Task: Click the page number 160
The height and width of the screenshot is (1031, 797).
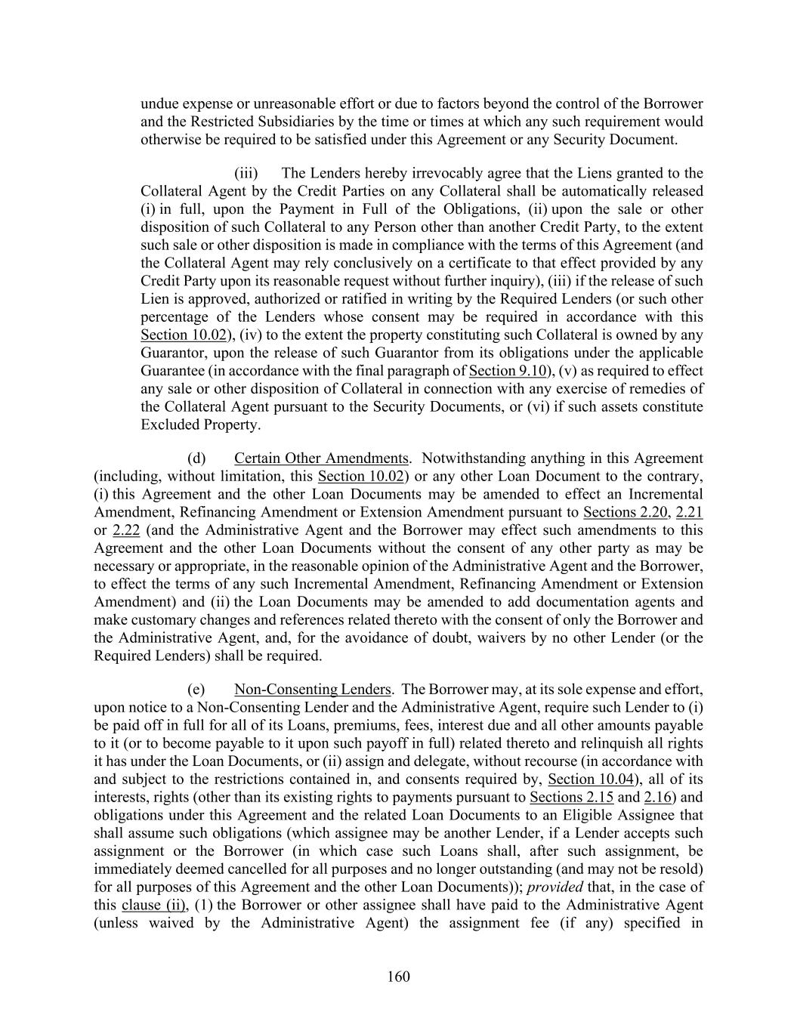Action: pos(398,977)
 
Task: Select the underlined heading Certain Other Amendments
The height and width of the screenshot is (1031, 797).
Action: pos(321,458)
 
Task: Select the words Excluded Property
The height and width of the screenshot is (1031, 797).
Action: pos(200,424)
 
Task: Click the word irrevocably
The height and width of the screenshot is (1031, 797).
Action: pos(442,173)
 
